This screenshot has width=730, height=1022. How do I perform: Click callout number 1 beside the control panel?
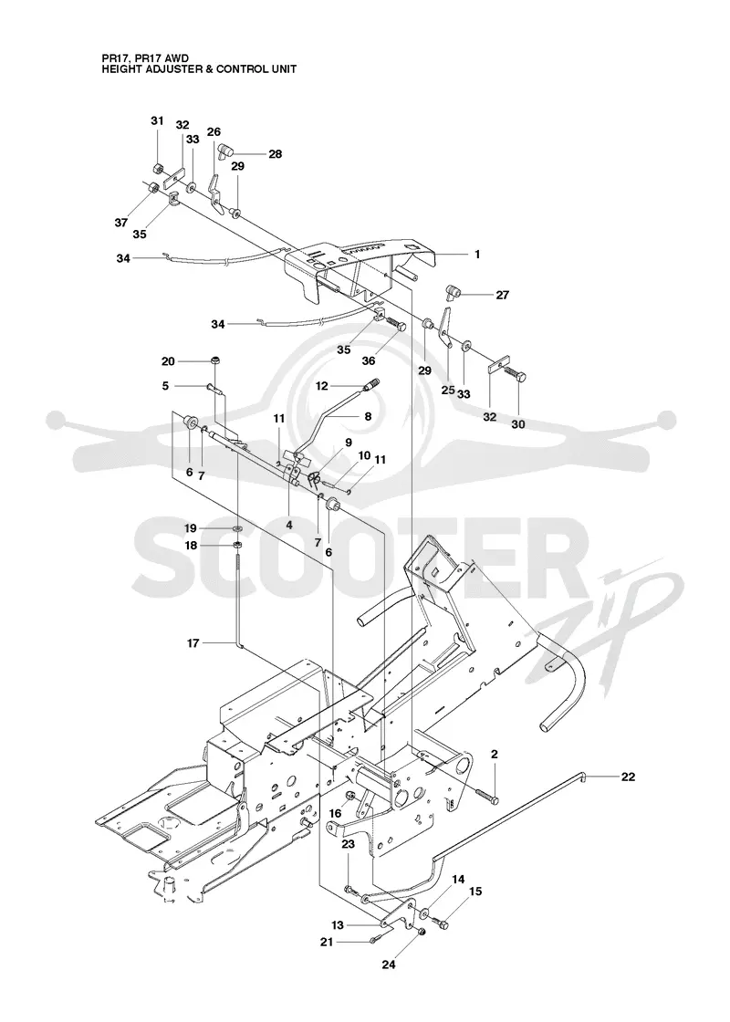477,255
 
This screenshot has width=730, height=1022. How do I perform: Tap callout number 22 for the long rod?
628,777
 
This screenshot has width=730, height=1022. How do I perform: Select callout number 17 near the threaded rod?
193,643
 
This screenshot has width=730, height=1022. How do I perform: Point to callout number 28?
275,154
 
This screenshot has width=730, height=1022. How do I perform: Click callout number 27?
502,295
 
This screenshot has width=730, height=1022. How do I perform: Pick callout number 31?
157,120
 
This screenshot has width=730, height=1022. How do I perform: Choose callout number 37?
121,223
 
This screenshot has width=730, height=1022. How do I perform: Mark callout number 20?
168,361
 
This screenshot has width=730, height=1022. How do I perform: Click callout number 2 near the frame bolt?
494,754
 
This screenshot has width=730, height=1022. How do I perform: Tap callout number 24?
389,964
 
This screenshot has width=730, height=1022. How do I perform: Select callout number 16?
335,813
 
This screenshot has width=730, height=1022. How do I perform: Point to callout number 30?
518,424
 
